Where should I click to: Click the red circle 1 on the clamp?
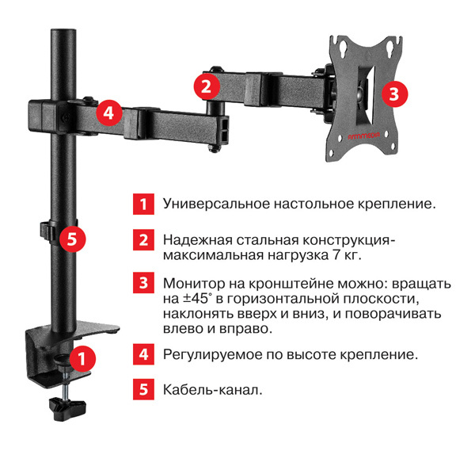[x=82, y=358]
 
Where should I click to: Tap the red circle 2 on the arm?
[x=206, y=85]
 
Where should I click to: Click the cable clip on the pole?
[x=48, y=230]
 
